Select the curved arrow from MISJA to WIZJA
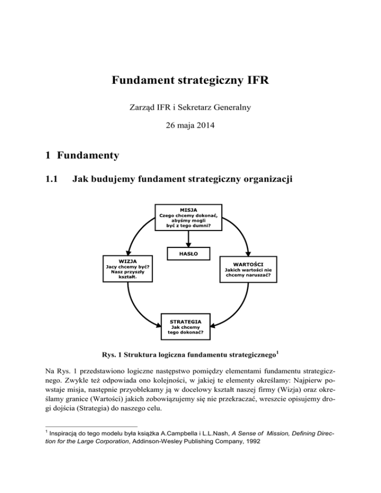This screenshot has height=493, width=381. point(135,233)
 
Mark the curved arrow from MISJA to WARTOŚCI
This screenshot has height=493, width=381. point(241,233)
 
